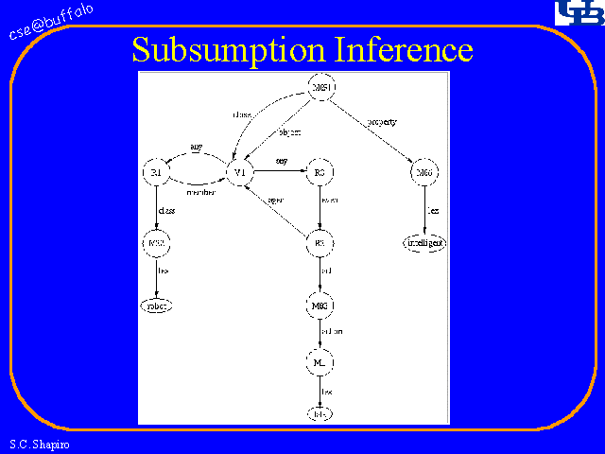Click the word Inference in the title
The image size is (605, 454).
404,48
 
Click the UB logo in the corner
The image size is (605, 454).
576,13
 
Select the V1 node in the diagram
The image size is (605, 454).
240,173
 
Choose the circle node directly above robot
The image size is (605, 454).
156,243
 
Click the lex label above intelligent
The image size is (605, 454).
431,210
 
